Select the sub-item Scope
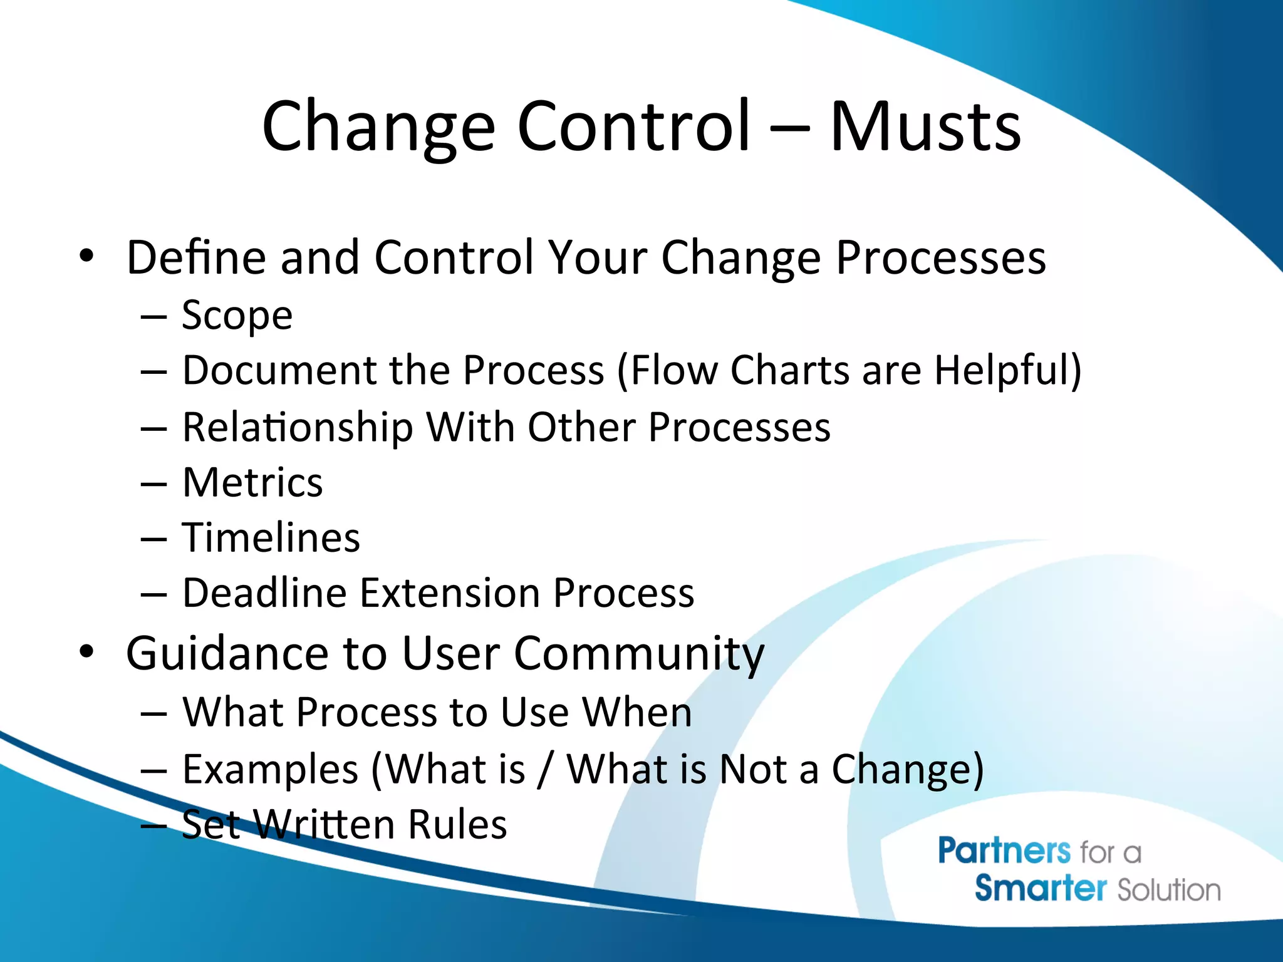237,316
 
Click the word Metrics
252,483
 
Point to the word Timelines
271,538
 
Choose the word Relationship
298,428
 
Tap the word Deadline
264,593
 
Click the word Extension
450,593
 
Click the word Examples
270,770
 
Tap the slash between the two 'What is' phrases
546,770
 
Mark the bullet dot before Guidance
86,652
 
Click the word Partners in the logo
1004,852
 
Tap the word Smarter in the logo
1040,889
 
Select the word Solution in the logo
1169,890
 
